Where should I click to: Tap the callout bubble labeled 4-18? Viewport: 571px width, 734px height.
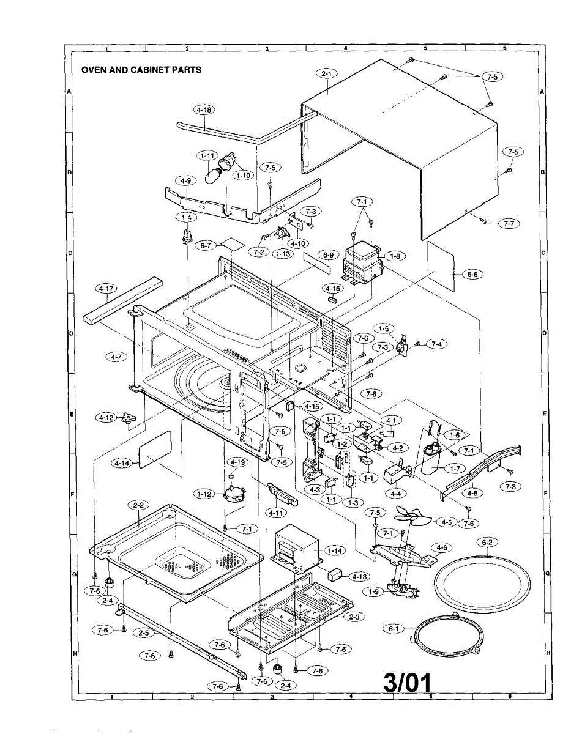pos(204,109)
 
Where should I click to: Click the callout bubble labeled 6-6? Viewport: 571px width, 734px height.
pos(472,275)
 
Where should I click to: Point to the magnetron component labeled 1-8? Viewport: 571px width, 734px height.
pos(363,263)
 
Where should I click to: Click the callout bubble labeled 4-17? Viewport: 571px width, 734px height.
pos(106,289)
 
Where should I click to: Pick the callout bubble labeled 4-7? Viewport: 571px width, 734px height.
pos(116,357)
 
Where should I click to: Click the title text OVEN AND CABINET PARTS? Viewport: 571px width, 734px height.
pos(141,70)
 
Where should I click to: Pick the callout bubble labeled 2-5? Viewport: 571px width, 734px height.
pos(144,632)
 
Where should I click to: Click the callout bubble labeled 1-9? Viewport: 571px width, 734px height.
pos(373,592)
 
